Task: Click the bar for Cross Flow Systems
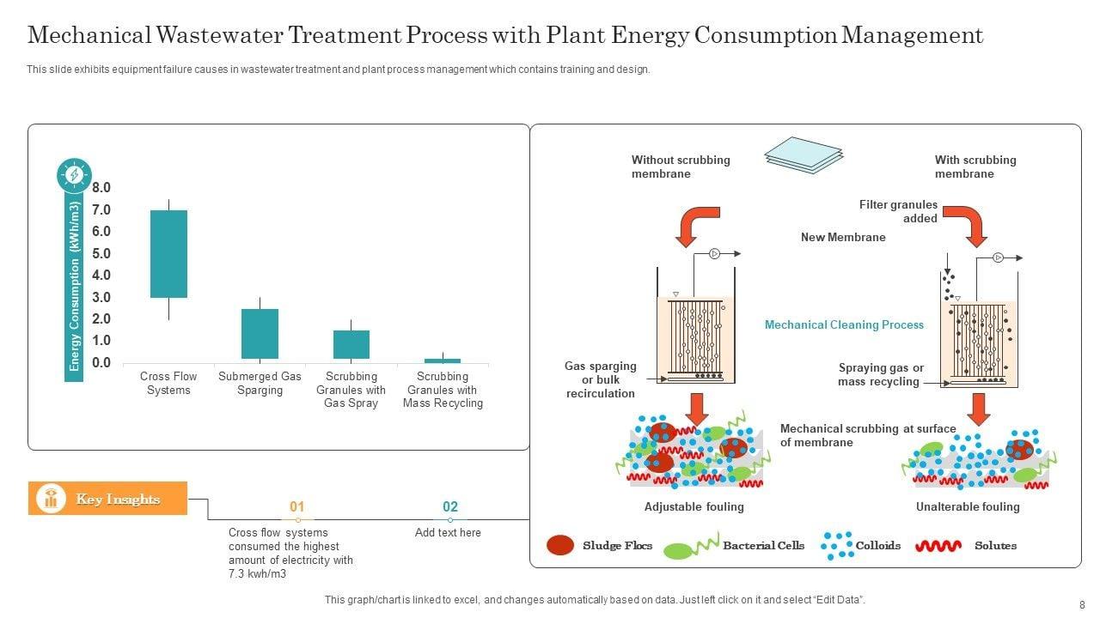click(x=168, y=253)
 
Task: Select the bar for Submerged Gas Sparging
click(x=260, y=333)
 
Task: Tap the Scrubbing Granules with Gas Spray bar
click(x=351, y=344)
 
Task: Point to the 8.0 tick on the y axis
click(x=101, y=188)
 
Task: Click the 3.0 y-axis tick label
click(x=101, y=297)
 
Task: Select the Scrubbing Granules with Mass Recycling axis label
click(x=443, y=390)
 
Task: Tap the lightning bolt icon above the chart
click(x=75, y=175)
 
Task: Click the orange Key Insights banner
click(x=108, y=499)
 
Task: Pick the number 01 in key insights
click(x=297, y=507)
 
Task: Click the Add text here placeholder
click(x=448, y=533)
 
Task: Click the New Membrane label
click(x=843, y=237)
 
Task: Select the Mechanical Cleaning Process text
click(x=844, y=324)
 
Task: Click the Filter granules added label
click(x=898, y=211)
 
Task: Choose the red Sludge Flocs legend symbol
click(x=561, y=545)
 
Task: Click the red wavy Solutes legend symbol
click(x=938, y=546)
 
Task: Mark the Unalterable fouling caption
click(x=968, y=506)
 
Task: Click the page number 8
click(x=1081, y=604)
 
